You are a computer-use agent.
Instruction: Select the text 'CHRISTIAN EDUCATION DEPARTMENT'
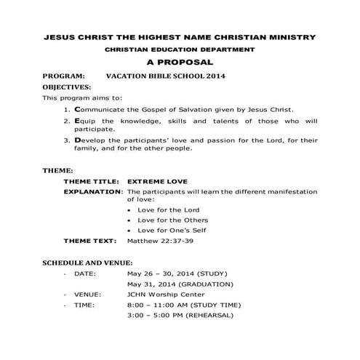[180, 49]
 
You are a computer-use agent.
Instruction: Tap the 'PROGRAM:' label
[64, 75]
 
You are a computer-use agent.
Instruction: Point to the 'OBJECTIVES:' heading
[67, 87]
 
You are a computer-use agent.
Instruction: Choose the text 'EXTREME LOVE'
[157, 181]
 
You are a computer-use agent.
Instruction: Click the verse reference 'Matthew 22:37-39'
[160, 240]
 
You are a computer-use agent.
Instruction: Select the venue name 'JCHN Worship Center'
[167, 295]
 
